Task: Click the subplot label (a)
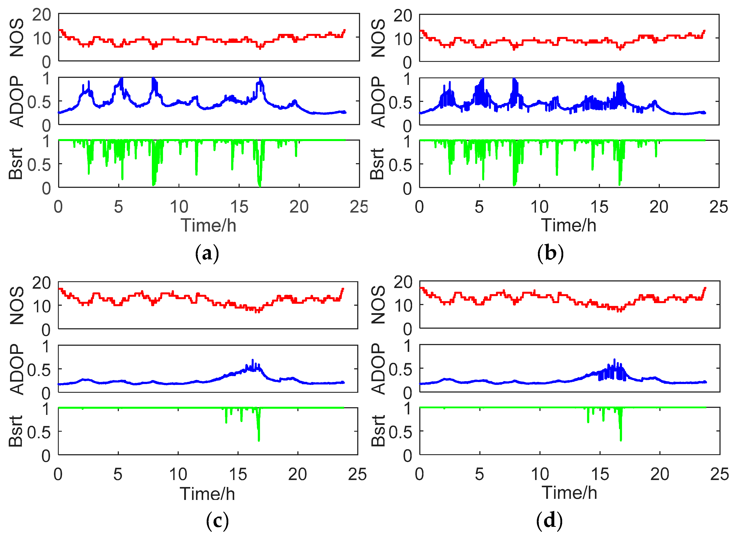pyautogui.click(x=207, y=254)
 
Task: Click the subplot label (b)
pyautogui.click(x=550, y=254)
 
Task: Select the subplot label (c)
pyautogui.click(x=217, y=521)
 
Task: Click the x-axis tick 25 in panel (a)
pyautogui.click(x=359, y=207)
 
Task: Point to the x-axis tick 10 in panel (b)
pyautogui.click(x=539, y=207)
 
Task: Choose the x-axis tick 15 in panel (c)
pyautogui.click(x=238, y=475)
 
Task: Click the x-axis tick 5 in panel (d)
pyautogui.click(x=479, y=475)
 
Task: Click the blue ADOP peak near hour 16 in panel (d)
pyautogui.click(x=614, y=360)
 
